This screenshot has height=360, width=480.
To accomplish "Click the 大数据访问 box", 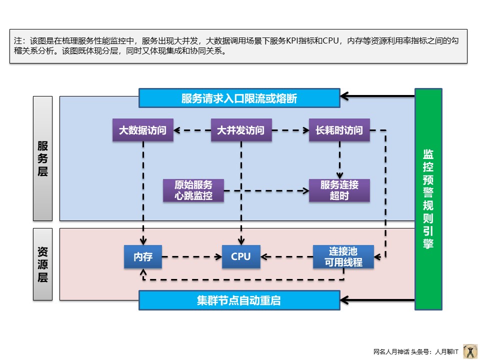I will (x=142, y=130).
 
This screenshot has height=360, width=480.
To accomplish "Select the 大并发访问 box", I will (x=241, y=130).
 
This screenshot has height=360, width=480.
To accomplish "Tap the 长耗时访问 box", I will (x=339, y=130).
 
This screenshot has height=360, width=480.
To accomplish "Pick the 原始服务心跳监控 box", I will (x=193, y=190).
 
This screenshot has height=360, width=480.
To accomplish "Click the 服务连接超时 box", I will (x=339, y=190).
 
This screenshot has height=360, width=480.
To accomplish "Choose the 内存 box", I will (x=143, y=257).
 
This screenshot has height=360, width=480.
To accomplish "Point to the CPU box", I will (x=241, y=257).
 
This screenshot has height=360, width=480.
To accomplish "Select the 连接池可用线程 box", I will (x=343, y=257).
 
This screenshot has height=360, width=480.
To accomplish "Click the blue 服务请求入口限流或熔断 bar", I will (x=239, y=98).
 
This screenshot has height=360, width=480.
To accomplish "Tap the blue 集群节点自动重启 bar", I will (x=239, y=300).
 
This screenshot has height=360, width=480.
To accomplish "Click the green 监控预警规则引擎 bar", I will (x=428, y=199).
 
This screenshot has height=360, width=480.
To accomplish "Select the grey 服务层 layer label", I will (x=42, y=158).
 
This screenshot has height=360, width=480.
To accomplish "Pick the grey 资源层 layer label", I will (x=42, y=264).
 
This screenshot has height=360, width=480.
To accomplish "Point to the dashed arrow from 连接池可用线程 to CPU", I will (x=287, y=257).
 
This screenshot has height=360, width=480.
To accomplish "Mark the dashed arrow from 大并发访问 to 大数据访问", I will (x=192, y=130).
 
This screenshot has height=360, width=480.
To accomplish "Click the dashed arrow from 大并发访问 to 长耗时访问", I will (x=290, y=130).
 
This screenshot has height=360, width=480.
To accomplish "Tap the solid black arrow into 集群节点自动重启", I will (x=377, y=300).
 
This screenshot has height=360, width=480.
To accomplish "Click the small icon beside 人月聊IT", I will (x=470, y=351).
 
